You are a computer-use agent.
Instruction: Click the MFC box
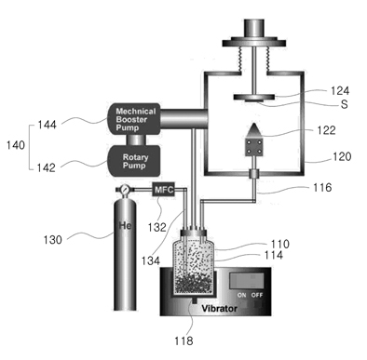164,189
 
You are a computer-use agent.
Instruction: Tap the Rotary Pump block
134,161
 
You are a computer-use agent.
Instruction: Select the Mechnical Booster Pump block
134,119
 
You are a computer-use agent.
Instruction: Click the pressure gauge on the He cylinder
125,189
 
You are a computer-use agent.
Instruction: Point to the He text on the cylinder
125,225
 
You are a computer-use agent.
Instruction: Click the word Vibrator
220,309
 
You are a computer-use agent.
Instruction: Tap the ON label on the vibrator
241,295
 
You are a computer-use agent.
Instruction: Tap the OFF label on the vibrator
257,295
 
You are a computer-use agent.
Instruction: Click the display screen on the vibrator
247,281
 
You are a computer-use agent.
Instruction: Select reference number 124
340,91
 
